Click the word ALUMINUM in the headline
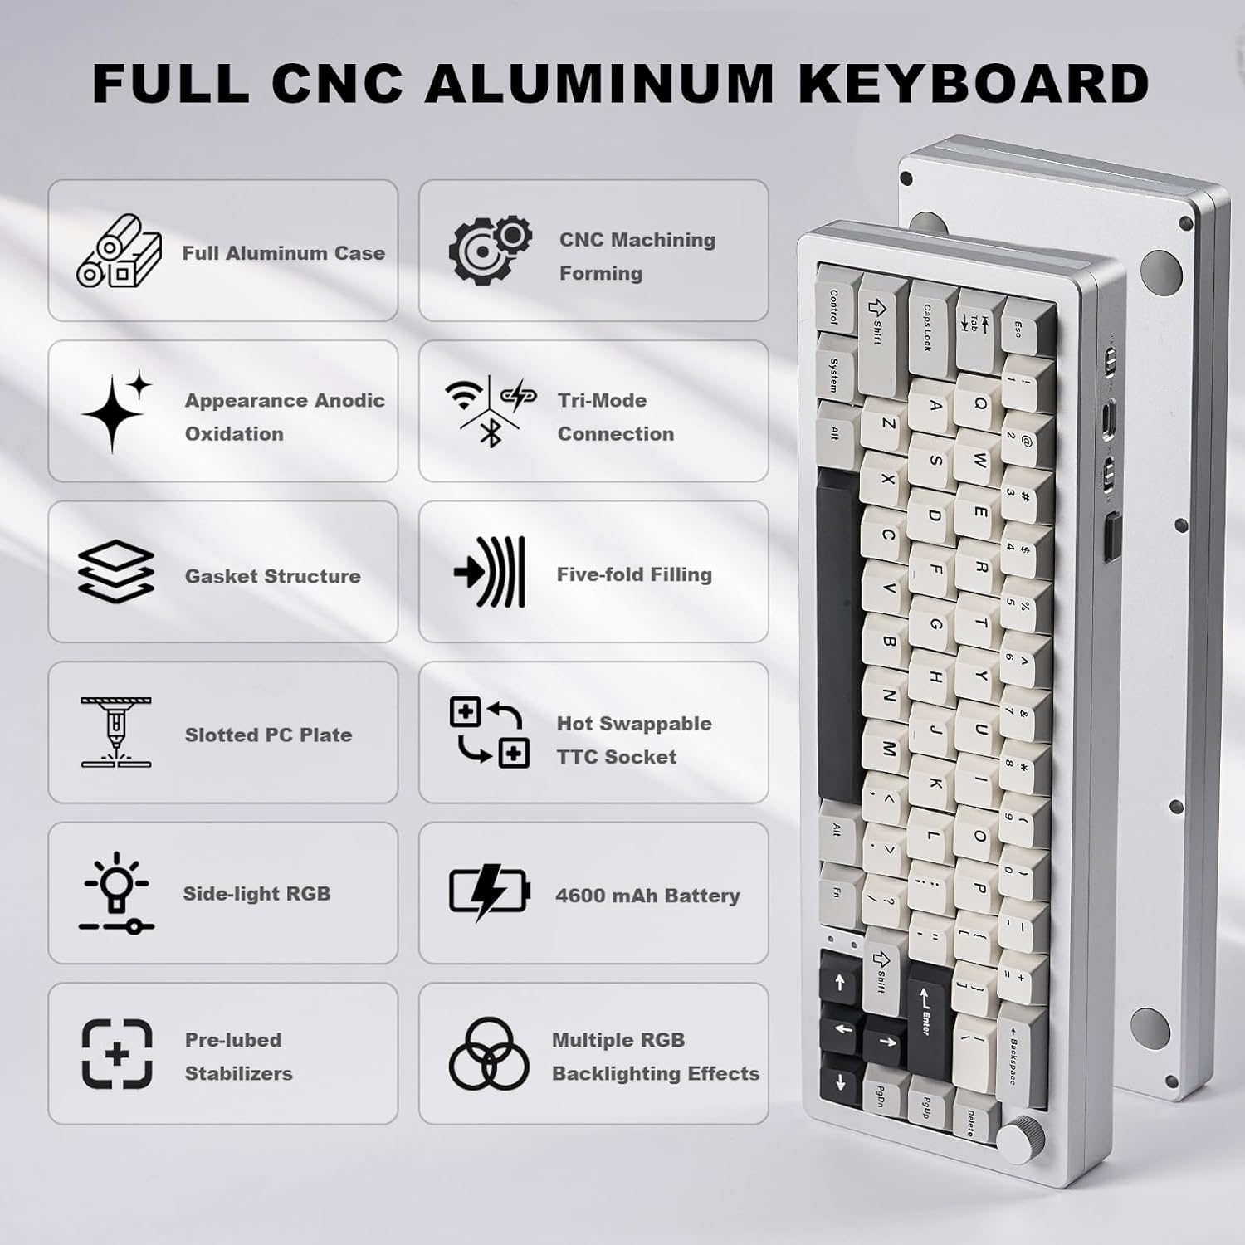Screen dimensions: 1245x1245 click(x=599, y=83)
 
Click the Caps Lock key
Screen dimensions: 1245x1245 click(x=930, y=325)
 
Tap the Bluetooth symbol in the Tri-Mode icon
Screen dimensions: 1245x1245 click(x=491, y=432)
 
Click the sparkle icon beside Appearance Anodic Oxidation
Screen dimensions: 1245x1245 click(x=116, y=410)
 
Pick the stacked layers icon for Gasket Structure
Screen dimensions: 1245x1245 click(x=116, y=571)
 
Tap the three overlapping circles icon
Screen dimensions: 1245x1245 click(x=489, y=1055)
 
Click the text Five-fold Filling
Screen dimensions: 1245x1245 click(x=634, y=574)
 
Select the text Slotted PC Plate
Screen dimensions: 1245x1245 click(x=268, y=735)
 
